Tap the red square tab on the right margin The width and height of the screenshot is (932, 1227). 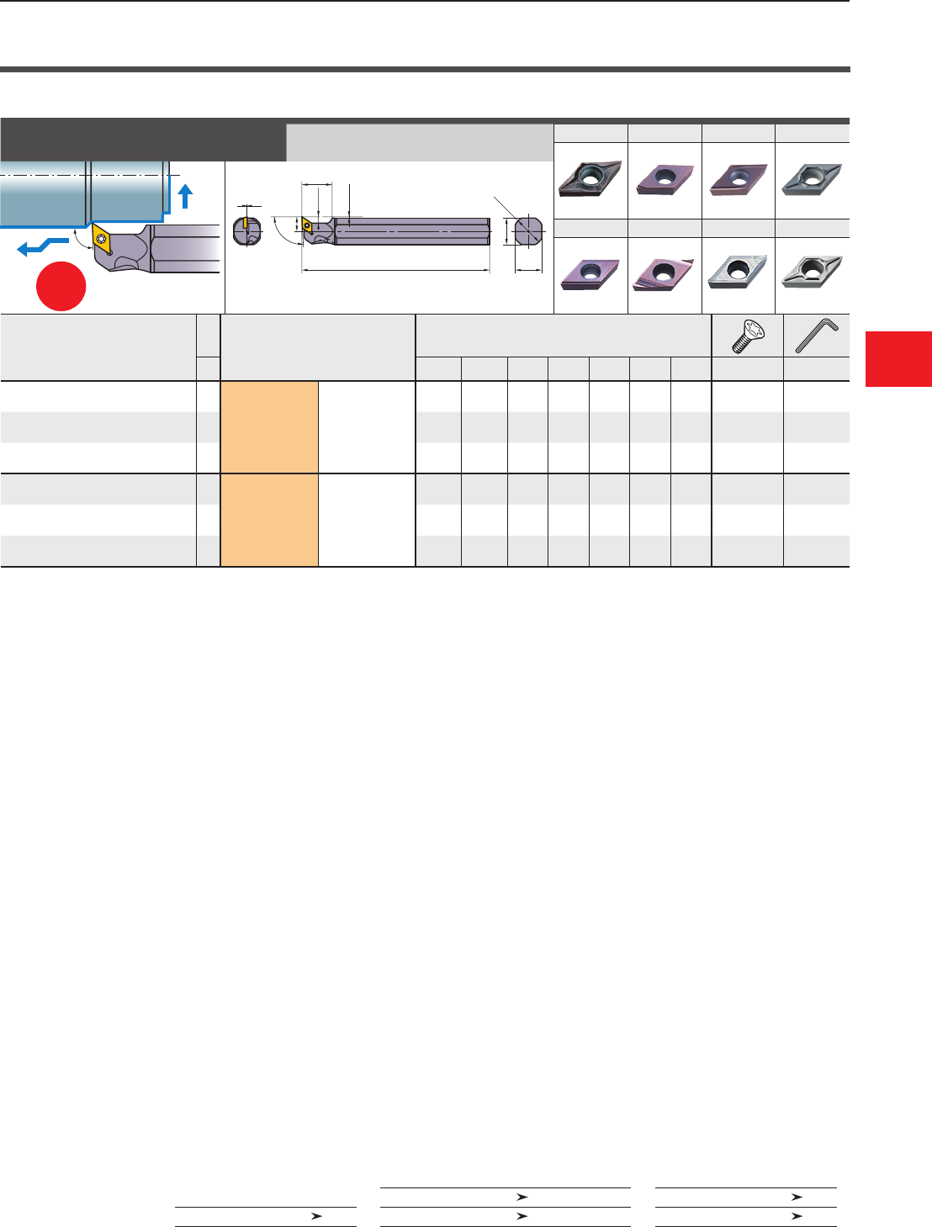(x=898, y=359)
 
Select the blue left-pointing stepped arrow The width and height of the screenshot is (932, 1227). (x=41, y=246)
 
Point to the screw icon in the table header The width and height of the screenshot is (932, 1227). (x=747, y=336)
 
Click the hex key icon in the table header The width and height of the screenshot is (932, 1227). (x=817, y=336)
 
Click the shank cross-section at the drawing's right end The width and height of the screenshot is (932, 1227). (x=527, y=230)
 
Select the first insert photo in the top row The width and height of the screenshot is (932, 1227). (x=590, y=179)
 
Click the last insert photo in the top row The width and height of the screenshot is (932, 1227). (x=812, y=179)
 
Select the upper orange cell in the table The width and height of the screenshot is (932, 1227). (x=269, y=427)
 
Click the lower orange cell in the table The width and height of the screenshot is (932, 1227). (x=269, y=521)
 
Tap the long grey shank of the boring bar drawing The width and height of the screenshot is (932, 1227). (x=412, y=230)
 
